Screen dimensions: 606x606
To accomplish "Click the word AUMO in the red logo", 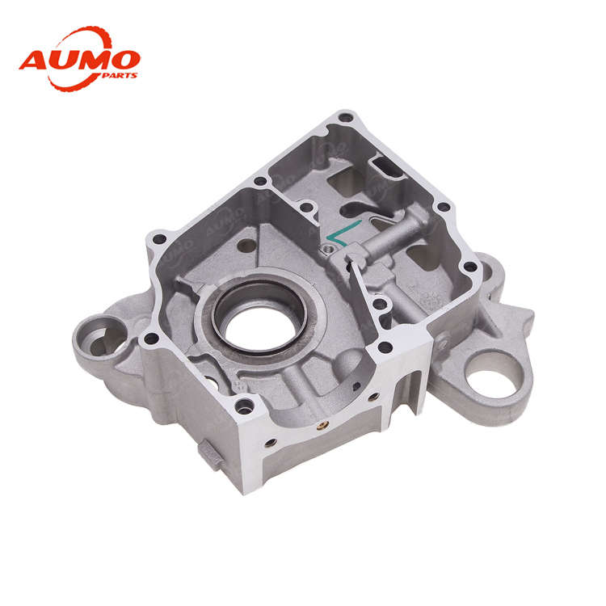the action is point(80,61).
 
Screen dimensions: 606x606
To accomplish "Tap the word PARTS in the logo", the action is point(120,75).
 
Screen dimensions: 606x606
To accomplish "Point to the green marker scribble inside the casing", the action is point(343,233).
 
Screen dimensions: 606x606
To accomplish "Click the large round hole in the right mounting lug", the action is point(490,372).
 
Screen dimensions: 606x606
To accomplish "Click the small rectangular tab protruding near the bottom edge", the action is point(211,454).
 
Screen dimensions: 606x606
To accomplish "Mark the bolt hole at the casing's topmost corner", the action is point(345,116).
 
